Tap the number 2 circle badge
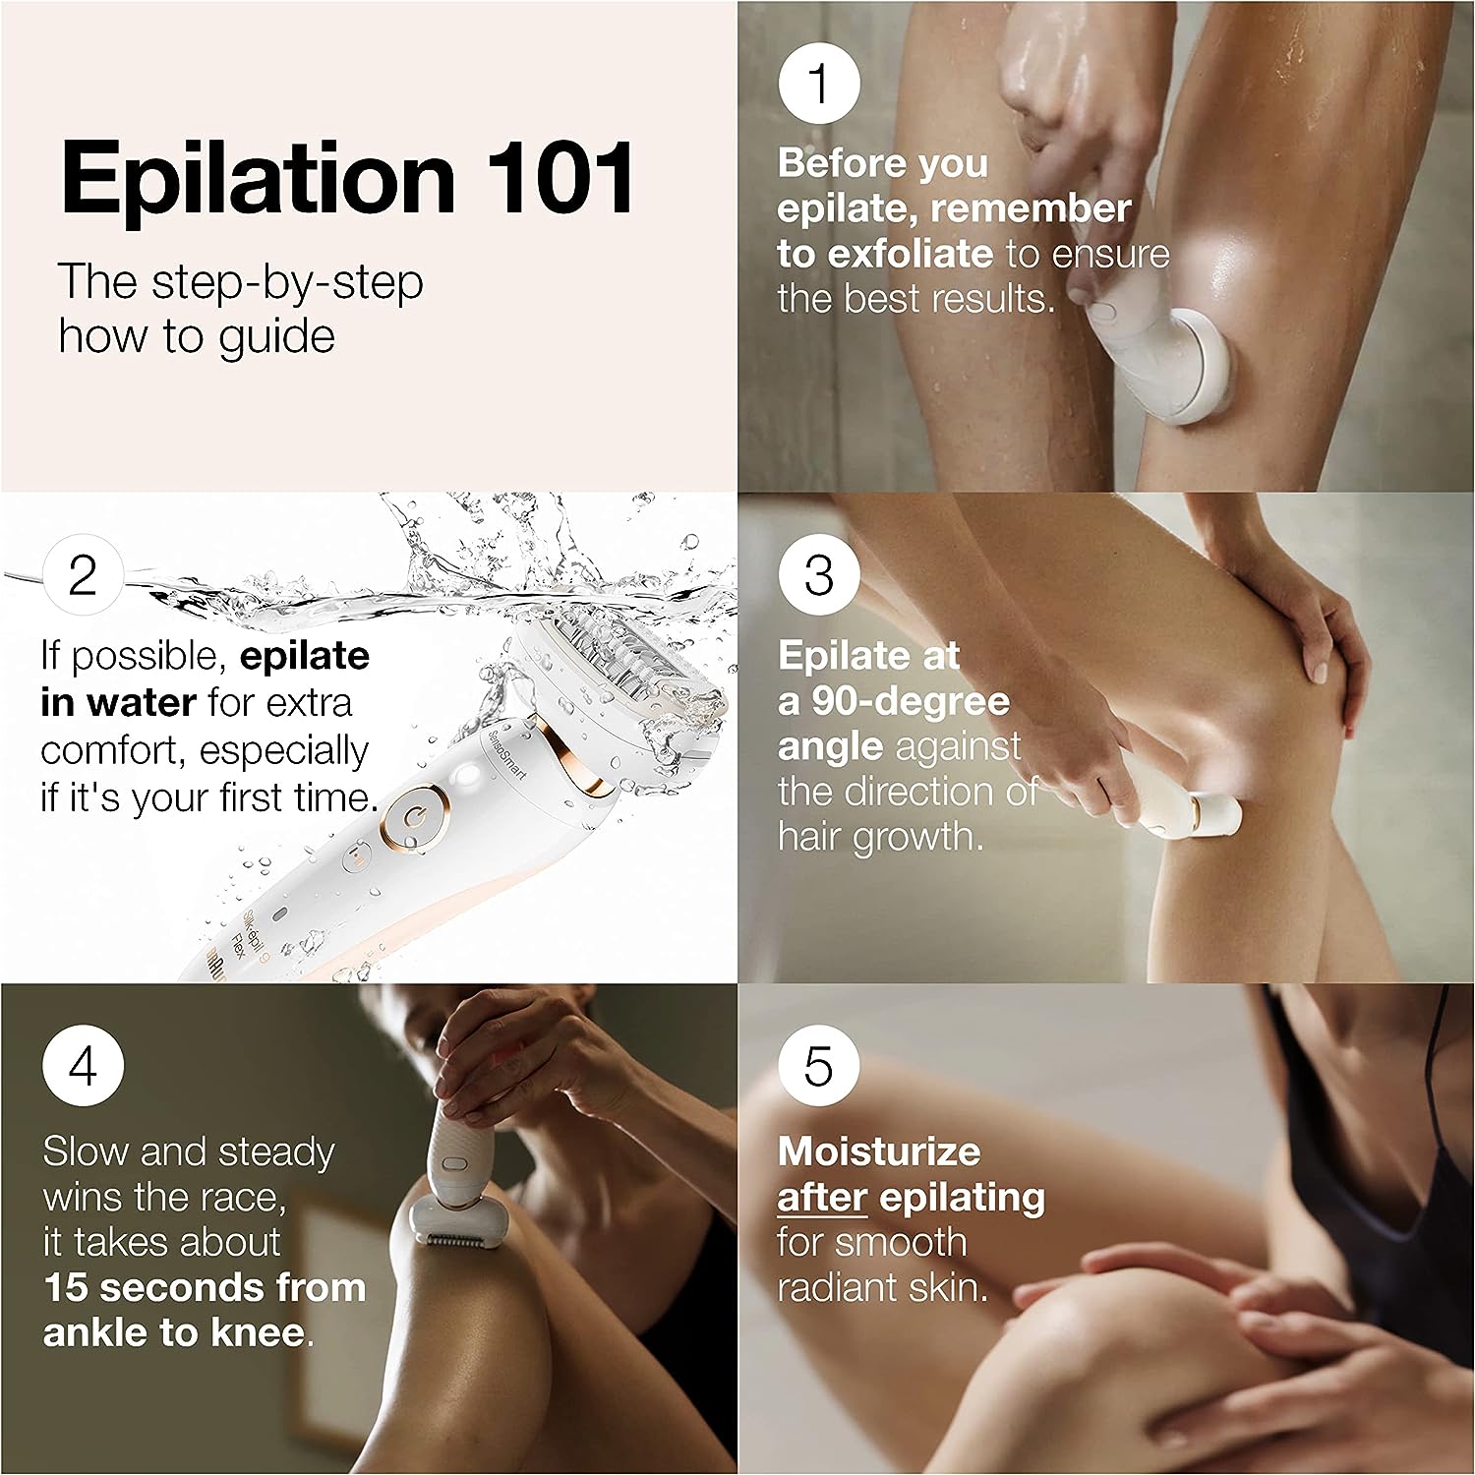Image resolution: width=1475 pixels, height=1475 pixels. point(83,575)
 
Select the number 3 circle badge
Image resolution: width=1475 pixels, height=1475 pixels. point(819,575)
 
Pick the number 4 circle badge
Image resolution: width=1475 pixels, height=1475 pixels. point(83,1067)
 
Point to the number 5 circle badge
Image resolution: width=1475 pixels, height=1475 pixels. point(819,1067)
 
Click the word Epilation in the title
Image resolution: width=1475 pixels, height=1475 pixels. point(258,180)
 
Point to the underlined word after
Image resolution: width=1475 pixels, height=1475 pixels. point(822,1198)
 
